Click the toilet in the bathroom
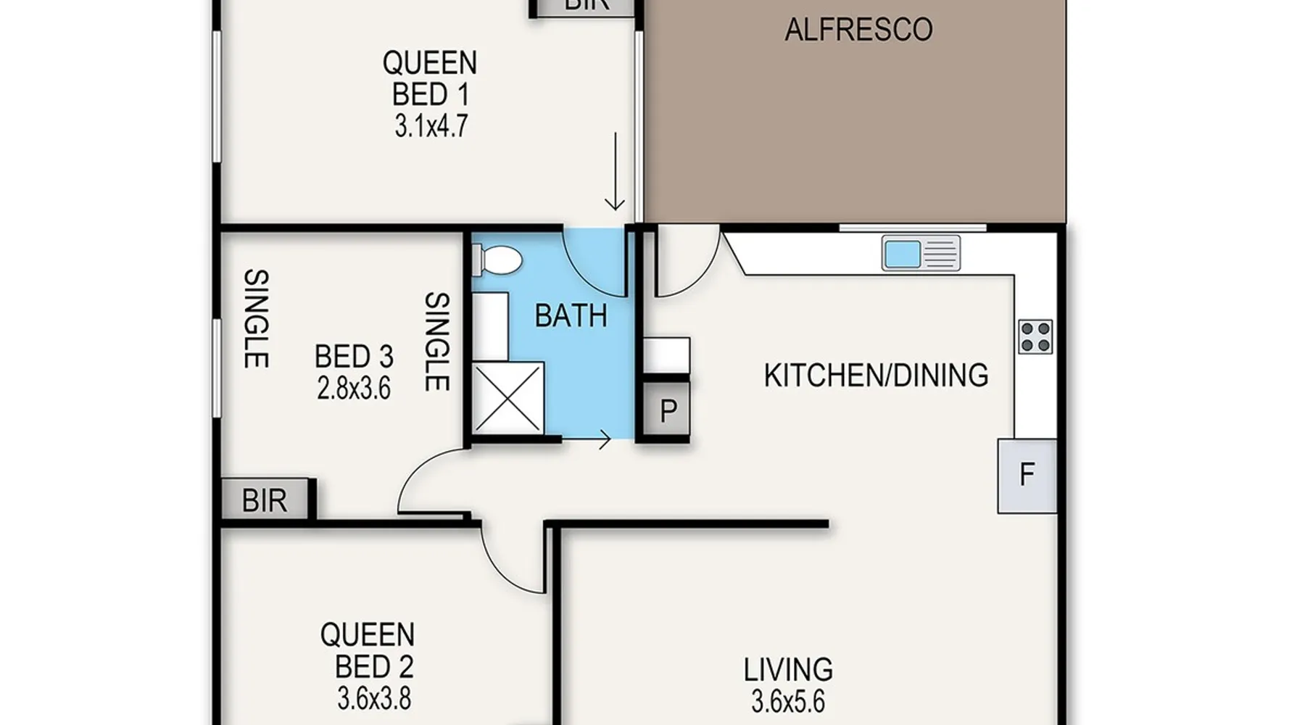tap(497, 260)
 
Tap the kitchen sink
tap(921, 254)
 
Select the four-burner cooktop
tap(1035, 336)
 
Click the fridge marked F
tap(1027, 476)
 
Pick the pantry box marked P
tap(668, 411)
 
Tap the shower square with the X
tap(507, 398)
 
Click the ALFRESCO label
tap(858, 30)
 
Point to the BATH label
tap(571, 317)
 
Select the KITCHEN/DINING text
tap(876, 376)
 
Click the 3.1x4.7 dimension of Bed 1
tap(431, 126)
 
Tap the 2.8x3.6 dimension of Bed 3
tap(354, 389)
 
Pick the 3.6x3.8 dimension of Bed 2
tap(374, 699)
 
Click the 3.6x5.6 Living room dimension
tap(788, 702)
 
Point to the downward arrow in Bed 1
tap(615, 171)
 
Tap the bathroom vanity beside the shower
tap(490, 326)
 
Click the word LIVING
tap(788, 669)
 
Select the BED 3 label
tap(354, 357)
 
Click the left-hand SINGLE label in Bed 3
tap(256, 318)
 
